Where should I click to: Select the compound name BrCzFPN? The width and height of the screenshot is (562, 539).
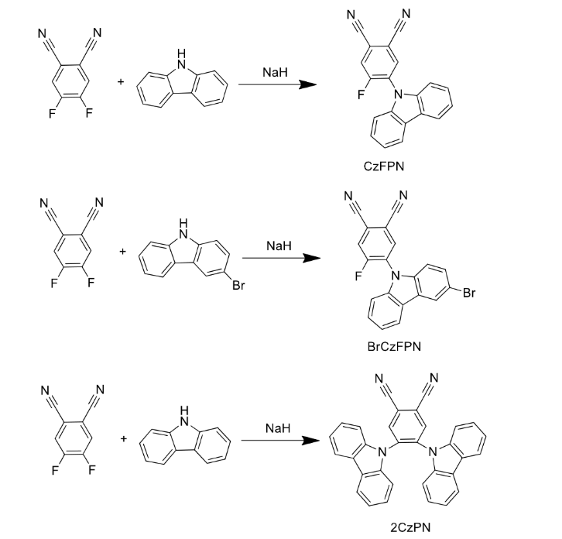tap(394, 345)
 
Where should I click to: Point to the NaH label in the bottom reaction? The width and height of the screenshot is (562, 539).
tap(278, 428)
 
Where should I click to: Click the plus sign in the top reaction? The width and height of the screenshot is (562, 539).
tap(121, 80)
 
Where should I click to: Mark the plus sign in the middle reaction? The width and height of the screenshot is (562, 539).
tap(122, 250)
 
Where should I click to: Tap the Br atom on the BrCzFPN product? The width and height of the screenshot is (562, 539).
tap(468, 294)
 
